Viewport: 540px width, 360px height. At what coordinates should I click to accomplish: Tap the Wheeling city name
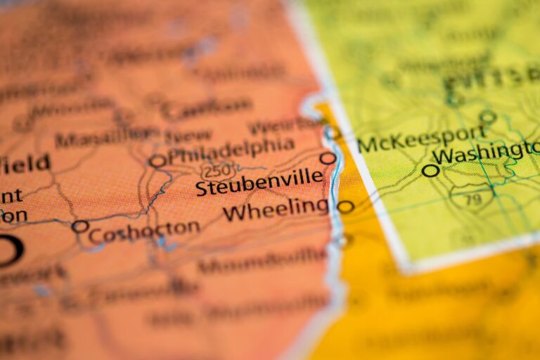click(x=276, y=209)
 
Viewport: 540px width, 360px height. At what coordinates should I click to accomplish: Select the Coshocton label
click(x=144, y=231)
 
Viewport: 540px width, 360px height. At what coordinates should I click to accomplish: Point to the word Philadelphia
click(x=231, y=149)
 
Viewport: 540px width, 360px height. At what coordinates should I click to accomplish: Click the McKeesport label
click(x=421, y=139)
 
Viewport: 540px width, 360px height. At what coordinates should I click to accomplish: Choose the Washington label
click(x=486, y=152)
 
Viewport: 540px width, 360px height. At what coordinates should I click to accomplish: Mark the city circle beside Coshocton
click(x=80, y=226)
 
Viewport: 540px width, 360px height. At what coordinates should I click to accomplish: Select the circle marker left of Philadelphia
click(x=157, y=161)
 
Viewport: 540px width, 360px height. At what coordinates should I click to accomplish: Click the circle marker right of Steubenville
click(x=328, y=158)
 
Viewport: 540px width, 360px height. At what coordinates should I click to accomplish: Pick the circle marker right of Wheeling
click(x=345, y=207)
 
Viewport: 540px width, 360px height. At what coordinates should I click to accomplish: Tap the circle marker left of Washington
click(x=430, y=170)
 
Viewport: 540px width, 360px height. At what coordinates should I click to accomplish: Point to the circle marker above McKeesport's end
click(x=487, y=116)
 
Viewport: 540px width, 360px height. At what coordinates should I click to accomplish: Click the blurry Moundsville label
click(x=263, y=263)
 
